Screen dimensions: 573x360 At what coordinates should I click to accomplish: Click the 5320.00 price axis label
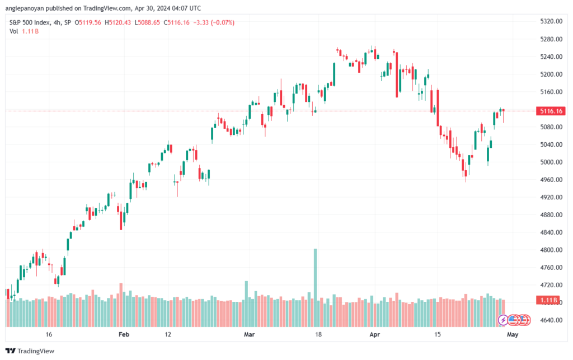click(x=551, y=22)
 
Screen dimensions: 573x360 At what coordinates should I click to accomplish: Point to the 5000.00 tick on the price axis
click(x=551, y=162)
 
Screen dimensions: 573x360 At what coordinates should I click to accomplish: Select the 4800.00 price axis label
click(x=551, y=250)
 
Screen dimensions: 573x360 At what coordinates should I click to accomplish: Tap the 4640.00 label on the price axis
click(x=551, y=320)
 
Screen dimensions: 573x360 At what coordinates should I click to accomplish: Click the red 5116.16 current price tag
click(x=551, y=111)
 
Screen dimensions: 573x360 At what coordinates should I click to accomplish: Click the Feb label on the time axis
click(x=124, y=334)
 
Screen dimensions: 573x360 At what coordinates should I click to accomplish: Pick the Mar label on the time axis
click(x=249, y=334)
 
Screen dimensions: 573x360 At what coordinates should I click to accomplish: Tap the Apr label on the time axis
click(x=374, y=334)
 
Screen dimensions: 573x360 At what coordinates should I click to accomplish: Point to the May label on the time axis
click(x=513, y=334)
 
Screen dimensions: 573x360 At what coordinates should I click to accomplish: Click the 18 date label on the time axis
click(x=318, y=334)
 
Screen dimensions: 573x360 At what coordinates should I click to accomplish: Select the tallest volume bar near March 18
click(x=316, y=288)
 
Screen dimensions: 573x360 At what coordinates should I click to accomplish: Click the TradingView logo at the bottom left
click(x=30, y=351)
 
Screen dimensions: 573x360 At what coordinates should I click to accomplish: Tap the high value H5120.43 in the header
click(x=118, y=22)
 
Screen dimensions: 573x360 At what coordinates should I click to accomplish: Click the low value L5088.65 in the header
click(x=147, y=22)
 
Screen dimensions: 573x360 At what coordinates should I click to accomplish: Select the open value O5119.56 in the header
click(x=88, y=22)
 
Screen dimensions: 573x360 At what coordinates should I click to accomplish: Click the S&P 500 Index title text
click(x=30, y=22)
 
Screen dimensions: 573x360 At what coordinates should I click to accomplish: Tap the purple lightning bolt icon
click(x=503, y=320)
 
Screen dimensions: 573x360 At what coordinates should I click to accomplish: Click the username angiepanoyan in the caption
click(x=25, y=8)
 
